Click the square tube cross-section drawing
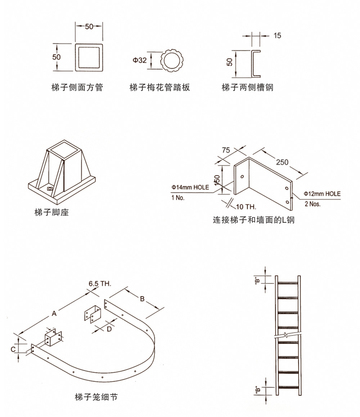pos(89,58)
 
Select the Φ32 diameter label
pos(140,60)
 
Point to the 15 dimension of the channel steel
pos(277,35)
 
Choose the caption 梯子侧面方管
pos(77,87)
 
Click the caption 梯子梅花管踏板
pos(159,87)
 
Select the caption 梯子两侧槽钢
pos(247,87)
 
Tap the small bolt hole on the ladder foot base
pos(50,188)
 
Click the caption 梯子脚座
pos(51,212)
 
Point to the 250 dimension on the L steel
pos(282,162)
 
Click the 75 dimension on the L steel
pos(226,150)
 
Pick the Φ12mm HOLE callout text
pos(322,194)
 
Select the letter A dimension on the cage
pos(54,314)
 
